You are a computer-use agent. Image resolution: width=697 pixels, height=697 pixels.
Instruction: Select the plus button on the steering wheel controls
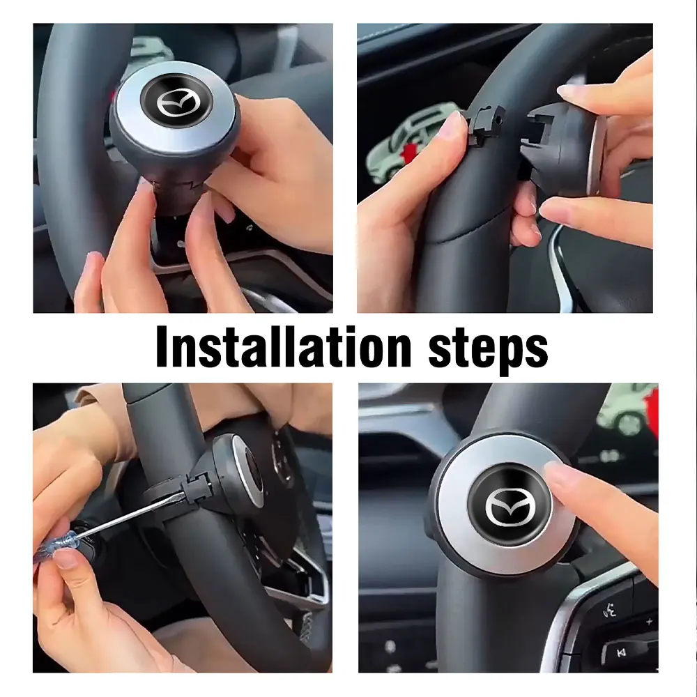[648, 621]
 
